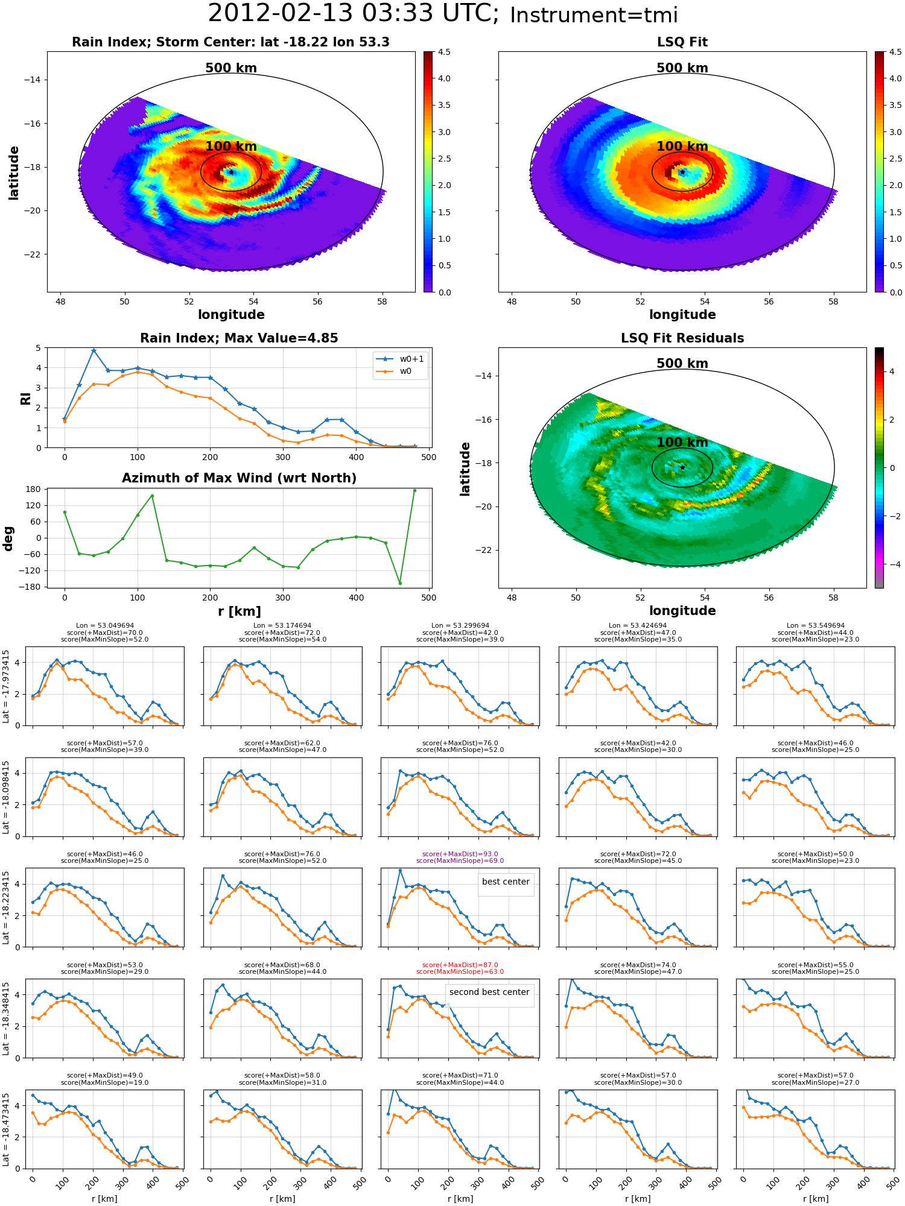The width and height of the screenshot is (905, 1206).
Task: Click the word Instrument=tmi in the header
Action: [594, 16]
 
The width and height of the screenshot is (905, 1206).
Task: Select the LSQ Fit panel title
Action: [682, 42]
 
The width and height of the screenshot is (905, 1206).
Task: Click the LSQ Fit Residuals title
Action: [682, 338]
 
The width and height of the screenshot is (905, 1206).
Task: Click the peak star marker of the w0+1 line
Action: [94, 350]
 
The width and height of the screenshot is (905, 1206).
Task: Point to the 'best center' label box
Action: [506, 882]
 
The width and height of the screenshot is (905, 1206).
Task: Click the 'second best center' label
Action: [489, 992]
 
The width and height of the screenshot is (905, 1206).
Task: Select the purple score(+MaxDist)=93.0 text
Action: [460, 854]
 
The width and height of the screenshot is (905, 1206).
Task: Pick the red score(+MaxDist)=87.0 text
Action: [460, 965]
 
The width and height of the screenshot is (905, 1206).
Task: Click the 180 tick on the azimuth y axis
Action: [33, 489]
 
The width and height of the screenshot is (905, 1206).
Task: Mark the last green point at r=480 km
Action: [414, 491]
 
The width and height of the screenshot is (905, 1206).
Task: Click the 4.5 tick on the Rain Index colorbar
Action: [444, 52]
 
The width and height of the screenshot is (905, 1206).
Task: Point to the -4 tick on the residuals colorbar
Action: [891, 564]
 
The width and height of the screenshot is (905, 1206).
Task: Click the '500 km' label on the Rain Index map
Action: [231, 68]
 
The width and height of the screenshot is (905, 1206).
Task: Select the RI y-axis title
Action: [25, 399]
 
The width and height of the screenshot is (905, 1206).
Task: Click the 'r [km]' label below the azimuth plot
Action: [240, 611]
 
